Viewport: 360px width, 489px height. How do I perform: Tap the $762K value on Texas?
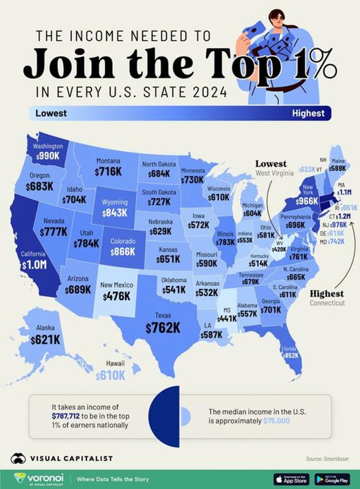point(163,328)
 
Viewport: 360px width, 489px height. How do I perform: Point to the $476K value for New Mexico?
point(116,296)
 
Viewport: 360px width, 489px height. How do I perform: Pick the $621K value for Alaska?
point(45,339)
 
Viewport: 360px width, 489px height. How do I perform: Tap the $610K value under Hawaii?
point(110,375)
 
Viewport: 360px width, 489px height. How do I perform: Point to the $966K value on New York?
point(308,201)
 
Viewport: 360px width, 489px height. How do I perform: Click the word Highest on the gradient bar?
point(308,113)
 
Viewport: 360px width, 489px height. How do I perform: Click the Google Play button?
point(332,479)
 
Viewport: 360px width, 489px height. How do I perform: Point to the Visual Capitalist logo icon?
point(18,458)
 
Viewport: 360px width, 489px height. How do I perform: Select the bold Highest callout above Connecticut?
point(326,294)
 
